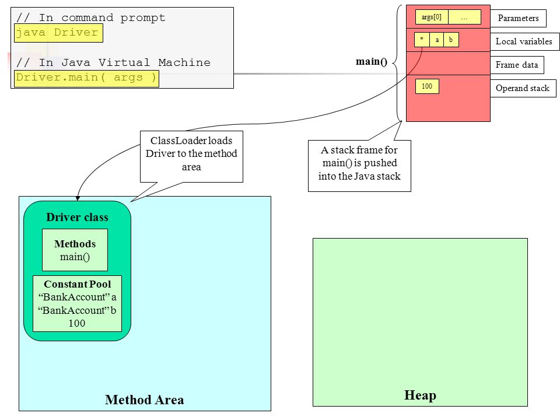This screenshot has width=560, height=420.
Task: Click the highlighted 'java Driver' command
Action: point(58,33)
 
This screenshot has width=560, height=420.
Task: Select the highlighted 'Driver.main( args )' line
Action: point(86,78)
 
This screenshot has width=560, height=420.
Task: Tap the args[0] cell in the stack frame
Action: point(432,17)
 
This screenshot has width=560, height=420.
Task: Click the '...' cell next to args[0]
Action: point(464,17)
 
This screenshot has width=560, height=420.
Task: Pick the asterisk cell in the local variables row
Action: point(422,40)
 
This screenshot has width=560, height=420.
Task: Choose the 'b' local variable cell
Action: point(451,40)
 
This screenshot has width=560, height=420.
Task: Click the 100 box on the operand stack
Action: point(427,86)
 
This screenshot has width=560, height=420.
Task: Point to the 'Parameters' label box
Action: point(518,18)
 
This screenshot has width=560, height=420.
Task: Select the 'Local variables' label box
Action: point(524,41)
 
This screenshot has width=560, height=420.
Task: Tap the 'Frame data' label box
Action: point(517,65)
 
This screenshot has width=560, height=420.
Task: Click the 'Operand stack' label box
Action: point(523,88)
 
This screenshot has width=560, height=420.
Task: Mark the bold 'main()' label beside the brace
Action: point(372,61)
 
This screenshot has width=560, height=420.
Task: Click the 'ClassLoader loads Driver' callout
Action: point(191,156)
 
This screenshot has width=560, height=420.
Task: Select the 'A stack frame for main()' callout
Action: point(359,166)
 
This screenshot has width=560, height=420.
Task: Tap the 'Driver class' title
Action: point(77,217)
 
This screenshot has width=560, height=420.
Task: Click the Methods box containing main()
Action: point(75,250)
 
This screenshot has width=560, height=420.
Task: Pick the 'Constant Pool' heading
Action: point(78,284)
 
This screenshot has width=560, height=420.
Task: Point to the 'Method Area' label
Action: point(145,400)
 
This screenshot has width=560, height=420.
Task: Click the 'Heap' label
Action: point(420,395)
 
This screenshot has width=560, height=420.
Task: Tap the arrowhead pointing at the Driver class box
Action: point(78,198)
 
